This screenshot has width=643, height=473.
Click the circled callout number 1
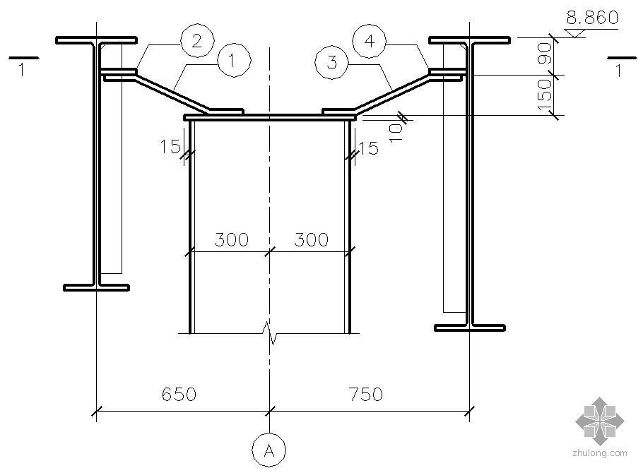click(234, 61)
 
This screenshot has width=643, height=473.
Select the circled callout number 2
click(198, 40)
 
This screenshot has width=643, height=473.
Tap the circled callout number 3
click(332, 62)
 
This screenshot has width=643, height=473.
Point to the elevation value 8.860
click(592, 18)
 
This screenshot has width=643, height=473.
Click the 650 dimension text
click(179, 395)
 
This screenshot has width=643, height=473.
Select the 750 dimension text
click(366, 395)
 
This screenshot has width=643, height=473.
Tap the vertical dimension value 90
click(545, 53)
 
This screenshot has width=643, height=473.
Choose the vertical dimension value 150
click(545, 95)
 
